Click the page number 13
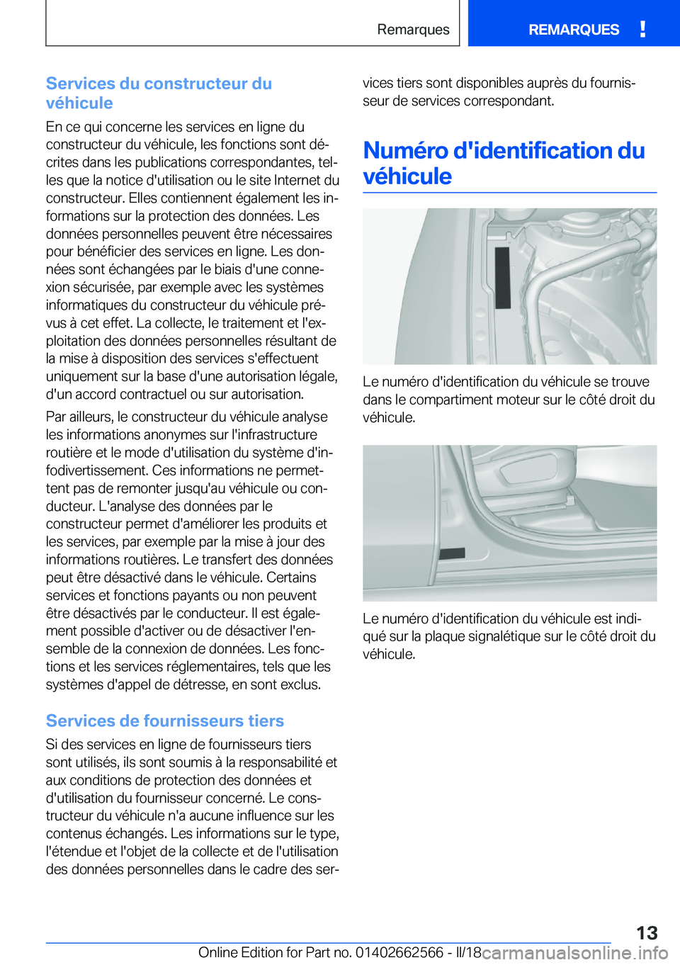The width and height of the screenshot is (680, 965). point(646,932)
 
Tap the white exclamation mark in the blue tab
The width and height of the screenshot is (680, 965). point(642,29)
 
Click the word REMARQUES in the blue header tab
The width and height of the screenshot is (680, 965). point(573,30)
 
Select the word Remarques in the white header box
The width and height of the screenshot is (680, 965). point(413,30)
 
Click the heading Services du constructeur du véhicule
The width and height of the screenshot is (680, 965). point(159,93)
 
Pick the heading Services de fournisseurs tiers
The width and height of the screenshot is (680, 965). point(164,721)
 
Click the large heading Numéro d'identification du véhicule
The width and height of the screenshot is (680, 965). point(504,163)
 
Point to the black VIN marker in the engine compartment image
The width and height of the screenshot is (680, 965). point(502,277)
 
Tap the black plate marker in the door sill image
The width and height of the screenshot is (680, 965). point(452,553)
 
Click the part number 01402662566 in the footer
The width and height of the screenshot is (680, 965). point(399,952)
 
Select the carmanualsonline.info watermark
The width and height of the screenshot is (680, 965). point(575,953)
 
